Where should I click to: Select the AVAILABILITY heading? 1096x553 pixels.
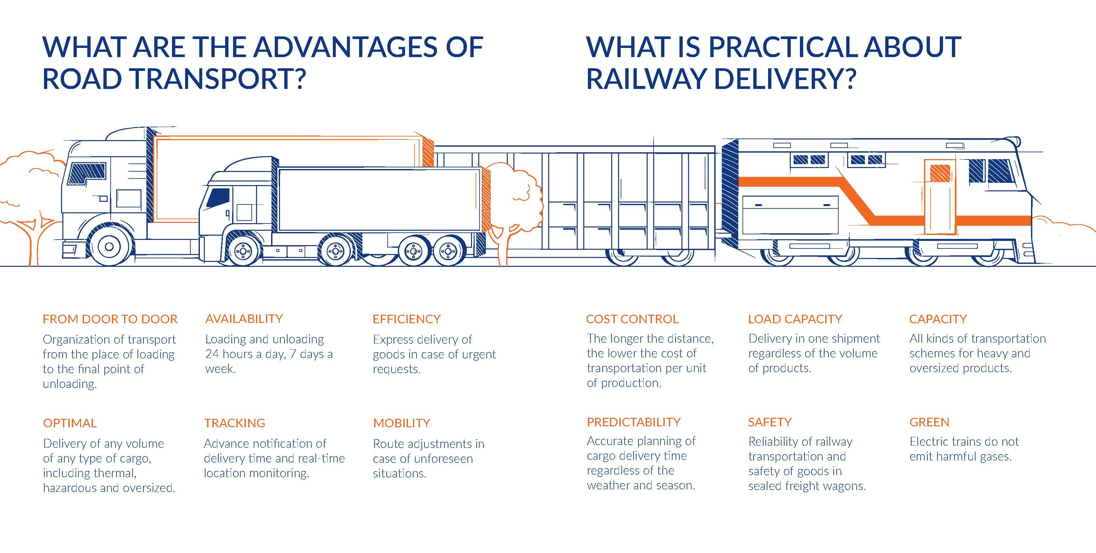click(244, 319)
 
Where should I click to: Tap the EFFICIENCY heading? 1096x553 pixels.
click(406, 319)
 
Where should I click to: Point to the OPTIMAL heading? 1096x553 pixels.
click(70, 423)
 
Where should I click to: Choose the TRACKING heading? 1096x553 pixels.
click(234, 423)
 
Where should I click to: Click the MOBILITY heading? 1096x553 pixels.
click(402, 423)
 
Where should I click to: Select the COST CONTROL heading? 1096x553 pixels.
click(632, 319)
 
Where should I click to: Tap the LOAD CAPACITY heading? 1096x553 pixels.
click(795, 319)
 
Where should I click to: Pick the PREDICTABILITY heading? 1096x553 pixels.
click(634, 422)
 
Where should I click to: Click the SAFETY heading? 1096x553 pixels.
click(770, 422)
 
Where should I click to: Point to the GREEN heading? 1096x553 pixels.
click(929, 422)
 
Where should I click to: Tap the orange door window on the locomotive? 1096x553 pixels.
click(940, 173)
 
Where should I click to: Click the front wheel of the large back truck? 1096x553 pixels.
click(109, 246)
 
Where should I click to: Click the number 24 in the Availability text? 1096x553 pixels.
click(212, 354)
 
